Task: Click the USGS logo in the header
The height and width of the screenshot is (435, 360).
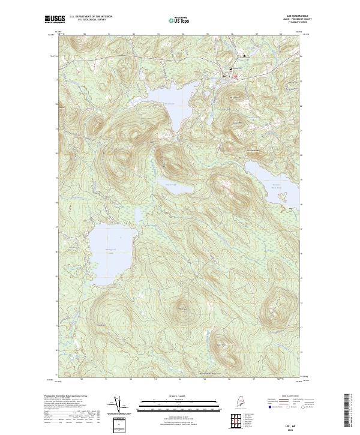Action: point(55,19)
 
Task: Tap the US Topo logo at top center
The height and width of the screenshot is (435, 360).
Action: point(181,20)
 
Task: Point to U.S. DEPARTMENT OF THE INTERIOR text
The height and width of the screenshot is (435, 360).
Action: point(91,17)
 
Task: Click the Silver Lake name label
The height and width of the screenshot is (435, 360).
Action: point(169,103)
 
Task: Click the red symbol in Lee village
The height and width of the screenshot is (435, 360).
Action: point(236,76)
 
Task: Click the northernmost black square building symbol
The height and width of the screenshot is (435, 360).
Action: point(244,56)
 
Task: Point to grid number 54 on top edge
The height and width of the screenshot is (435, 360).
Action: point(181,34)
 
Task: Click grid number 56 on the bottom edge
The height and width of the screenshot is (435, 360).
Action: point(230,379)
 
